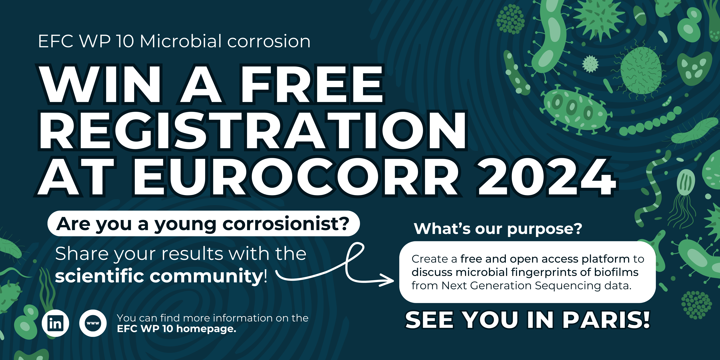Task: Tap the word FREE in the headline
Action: pyautogui.click(x=312, y=84)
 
